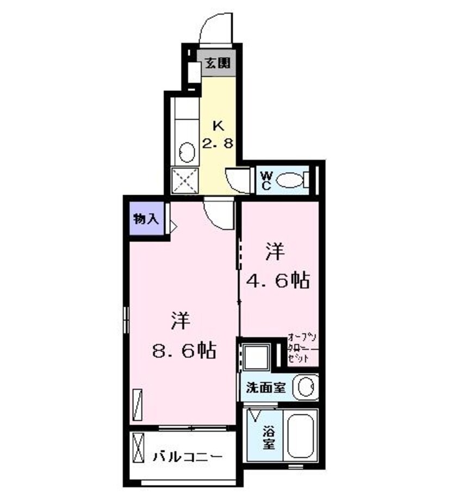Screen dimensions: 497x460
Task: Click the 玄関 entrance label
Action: point(217,63)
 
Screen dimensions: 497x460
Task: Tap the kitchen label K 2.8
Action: point(219,135)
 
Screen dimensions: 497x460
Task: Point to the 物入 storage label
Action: point(146,219)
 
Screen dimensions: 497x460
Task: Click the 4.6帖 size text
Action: point(278,281)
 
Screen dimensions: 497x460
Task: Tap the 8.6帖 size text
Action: point(184,350)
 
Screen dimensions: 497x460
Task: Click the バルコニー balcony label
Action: point(187,456)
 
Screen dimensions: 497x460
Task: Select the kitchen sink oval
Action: point(188,151)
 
